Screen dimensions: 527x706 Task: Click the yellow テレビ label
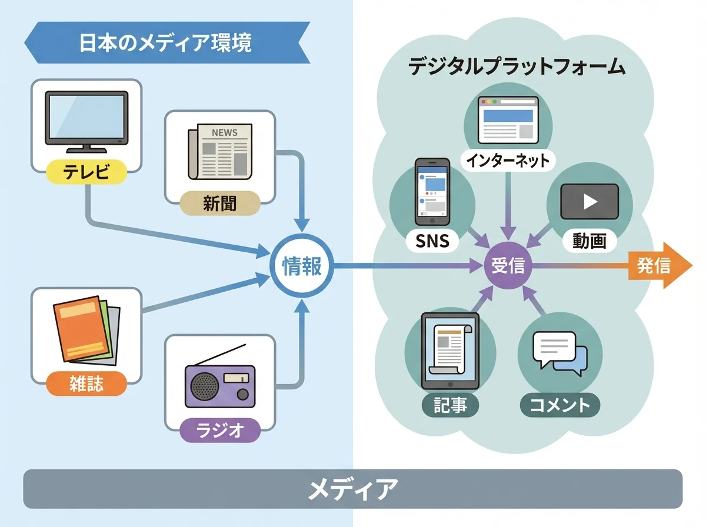[x=86, y=172]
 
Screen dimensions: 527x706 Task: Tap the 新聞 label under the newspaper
[x=219, y=204]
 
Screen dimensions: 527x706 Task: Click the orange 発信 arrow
[x=658, y=266]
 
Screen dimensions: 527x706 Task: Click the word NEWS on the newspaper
[x=224, y=132]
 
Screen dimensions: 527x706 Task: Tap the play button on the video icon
[x=589, y=201]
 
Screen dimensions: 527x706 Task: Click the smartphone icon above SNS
[x=432, y=191]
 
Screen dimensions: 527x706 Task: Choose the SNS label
[x=432, y=240]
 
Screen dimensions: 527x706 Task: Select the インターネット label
[x=507, y=159]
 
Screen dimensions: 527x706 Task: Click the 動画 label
[x=588, y=240]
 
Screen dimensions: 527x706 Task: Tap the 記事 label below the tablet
[x=450, y=405]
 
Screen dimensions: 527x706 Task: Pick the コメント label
[x=560, y=405]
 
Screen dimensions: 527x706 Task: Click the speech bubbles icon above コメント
[x=560, y=352]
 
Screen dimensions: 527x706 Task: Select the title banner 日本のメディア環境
[x=166, y=43]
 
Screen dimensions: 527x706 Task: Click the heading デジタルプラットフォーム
[x=517, y=66]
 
